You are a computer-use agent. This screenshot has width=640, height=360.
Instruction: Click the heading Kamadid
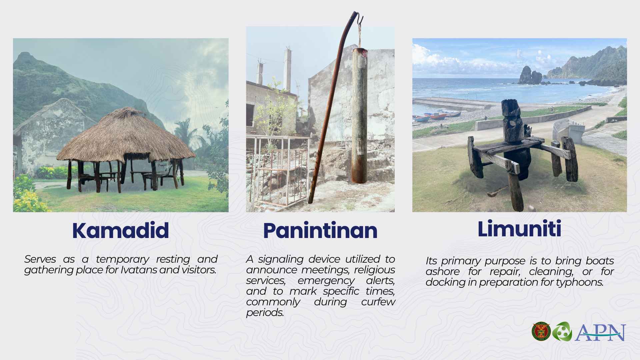(120, 230)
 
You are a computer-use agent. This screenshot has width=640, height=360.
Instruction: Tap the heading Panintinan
(320, 230)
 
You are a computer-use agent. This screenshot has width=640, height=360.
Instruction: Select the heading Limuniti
(519, 229)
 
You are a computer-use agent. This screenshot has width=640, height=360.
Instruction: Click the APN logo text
(600, 332)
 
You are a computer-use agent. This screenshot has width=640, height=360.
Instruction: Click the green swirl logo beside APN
(562, 332)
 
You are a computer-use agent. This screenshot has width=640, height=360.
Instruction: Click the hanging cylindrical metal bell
(360, 115)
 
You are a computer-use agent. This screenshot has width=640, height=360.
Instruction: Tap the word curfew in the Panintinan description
(378, 302)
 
